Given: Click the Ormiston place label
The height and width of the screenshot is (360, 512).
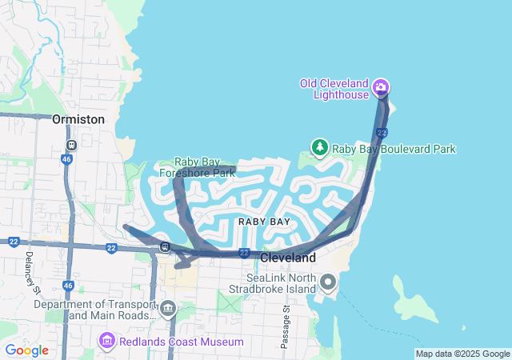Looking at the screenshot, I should [x=78, y=119].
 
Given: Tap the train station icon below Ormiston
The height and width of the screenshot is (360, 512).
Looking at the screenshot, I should [x=71, y=146].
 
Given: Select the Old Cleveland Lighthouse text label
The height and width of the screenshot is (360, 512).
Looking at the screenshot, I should [x=334, y=89].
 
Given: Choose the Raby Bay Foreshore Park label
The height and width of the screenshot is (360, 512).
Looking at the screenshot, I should [x=196, y=166].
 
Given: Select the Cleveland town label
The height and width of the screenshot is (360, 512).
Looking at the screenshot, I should [x=288, y=258].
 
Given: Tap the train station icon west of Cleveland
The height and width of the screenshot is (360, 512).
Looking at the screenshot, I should [x=165, y=246].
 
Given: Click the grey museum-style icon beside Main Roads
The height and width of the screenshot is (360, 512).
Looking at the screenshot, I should [x=168, y=309].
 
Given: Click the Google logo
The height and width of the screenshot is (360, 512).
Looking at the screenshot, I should [x=26, y=350].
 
